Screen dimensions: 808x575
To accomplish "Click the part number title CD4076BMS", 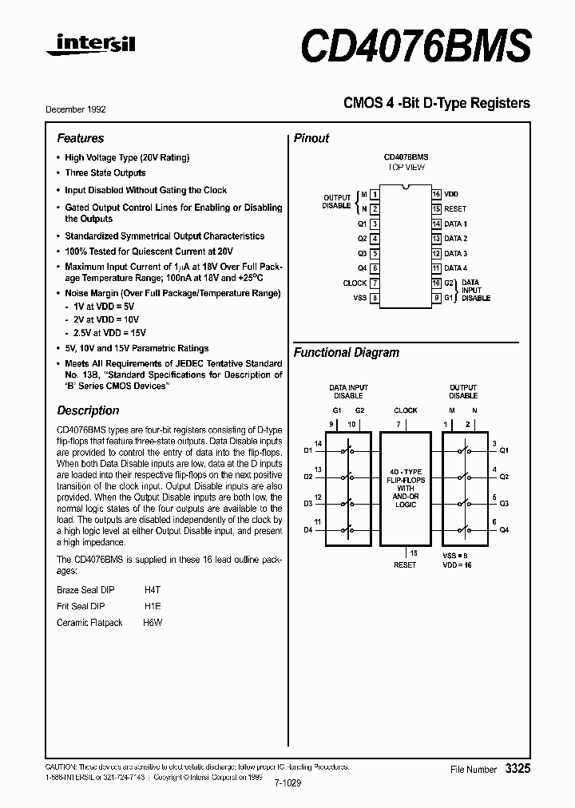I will [x=415, y=46].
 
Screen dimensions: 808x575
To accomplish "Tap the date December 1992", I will [x=75, y=109].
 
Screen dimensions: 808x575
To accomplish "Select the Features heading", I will [x=80, y=138].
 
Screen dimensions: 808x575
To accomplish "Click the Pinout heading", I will [x=311, y=138].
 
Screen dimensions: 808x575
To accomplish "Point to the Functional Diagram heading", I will [x=346, y=352].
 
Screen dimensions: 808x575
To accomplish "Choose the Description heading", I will [x=88, y=410].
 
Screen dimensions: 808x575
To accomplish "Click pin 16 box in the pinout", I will [x=436, y=194].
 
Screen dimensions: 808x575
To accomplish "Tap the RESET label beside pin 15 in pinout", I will [x=455, y=209].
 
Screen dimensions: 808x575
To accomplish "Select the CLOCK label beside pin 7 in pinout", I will [x=355, y=283].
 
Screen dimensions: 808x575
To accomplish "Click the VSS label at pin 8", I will [x=359, y=297].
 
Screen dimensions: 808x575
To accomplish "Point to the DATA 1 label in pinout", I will [x=455, y=224].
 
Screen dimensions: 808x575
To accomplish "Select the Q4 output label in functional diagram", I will [x=504, y=530].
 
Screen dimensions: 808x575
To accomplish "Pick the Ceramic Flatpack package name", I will [x=89, y=623].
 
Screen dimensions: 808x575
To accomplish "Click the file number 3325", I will [x=517, y=768].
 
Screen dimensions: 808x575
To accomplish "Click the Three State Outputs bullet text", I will [x=105, y=172].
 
